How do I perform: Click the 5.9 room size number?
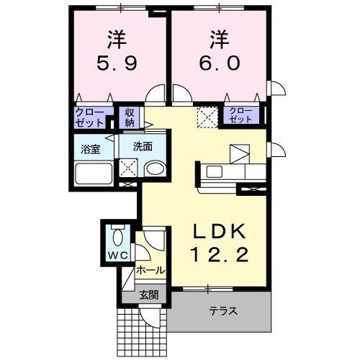tap(117, 63)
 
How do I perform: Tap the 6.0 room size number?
tap(219, 63)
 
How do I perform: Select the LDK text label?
tap(220, 231)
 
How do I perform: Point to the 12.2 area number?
tap(219, 254)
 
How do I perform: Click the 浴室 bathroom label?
tap(90, 149)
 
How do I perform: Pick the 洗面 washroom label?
tap(143, 147)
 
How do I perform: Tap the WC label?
tap(117, 256)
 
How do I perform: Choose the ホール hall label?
tap(151, 271)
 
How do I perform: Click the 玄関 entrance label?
tap(149, 294)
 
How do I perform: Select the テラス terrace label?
tap(223, 311)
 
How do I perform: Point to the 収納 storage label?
tap(129, 117)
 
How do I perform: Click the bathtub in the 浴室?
tap(94, 174)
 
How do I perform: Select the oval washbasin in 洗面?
tap(156, 168)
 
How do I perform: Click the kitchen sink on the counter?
tap(215, 172)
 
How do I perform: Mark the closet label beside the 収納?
tap(89, 117)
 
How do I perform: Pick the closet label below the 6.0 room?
tap(240, 114)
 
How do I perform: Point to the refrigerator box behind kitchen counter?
tap(240, 154)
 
